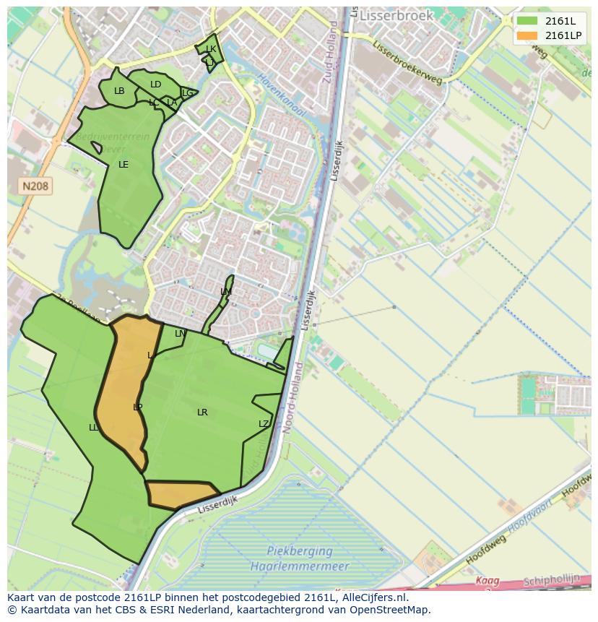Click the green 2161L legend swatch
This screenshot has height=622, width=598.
pos(527,21)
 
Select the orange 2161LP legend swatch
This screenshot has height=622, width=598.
pos(527,35)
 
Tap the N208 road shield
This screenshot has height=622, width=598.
pos(35,186)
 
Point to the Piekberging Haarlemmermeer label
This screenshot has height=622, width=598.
pos(299,558)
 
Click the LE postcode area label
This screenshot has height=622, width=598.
pos(123,165)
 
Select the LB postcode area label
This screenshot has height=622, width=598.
pos(119,91)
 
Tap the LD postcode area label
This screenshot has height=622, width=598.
pos(155,85)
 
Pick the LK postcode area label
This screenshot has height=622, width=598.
pos(211,49)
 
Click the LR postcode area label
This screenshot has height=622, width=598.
pos(202,412)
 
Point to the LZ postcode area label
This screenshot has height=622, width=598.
pos(264,424)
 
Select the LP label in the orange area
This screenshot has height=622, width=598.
pos(137,407)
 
